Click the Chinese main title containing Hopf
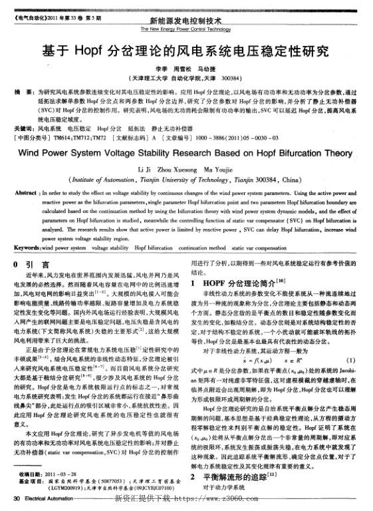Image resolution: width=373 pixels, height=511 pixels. click(186, 51)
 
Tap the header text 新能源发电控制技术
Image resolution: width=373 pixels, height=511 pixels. click(186, 21)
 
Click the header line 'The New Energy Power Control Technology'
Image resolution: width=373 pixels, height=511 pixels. click(186, 29)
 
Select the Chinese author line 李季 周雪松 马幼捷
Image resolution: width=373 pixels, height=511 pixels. click(186, 69)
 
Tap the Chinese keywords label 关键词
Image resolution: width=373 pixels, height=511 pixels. click(25, 126)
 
